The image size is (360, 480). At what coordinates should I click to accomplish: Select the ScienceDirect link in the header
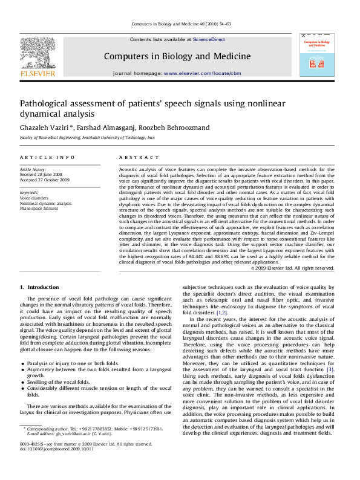[x=209, y=39]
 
